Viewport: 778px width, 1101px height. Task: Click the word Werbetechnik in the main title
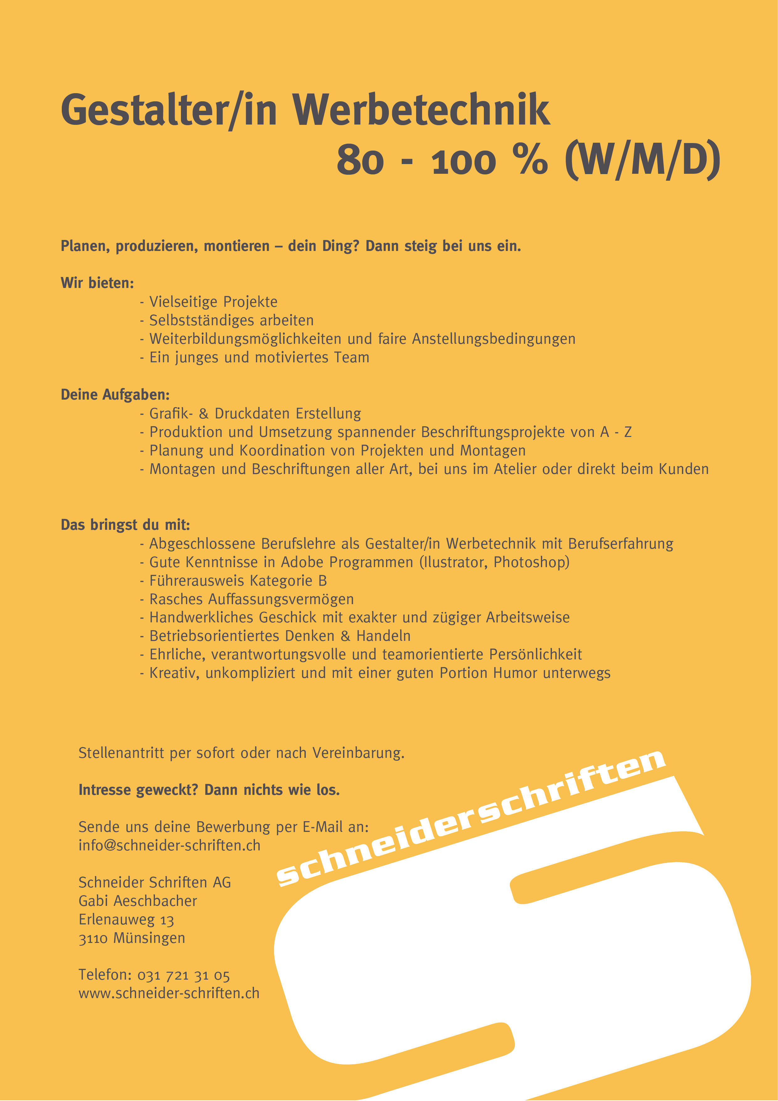(x=421, y=110)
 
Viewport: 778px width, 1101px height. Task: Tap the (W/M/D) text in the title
(x=642, y=160)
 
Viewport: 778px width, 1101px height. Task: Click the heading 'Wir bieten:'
(x=97, y=283)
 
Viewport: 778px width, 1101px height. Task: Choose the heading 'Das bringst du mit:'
(x=125, y=525)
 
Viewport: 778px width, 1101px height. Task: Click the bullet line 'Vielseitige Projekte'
(x=213, y=302)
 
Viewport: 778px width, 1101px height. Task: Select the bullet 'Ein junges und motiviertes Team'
(x=259, y=358)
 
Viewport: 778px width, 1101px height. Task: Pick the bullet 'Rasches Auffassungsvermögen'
(x=251, y=599)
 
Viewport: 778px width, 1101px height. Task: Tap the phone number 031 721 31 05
(x=183, y=975)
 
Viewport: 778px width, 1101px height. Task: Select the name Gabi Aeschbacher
(x=138, y=901)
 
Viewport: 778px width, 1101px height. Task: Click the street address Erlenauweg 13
(x=126, y=920)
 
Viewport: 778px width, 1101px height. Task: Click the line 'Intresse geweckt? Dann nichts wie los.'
(x=209, y=790)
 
